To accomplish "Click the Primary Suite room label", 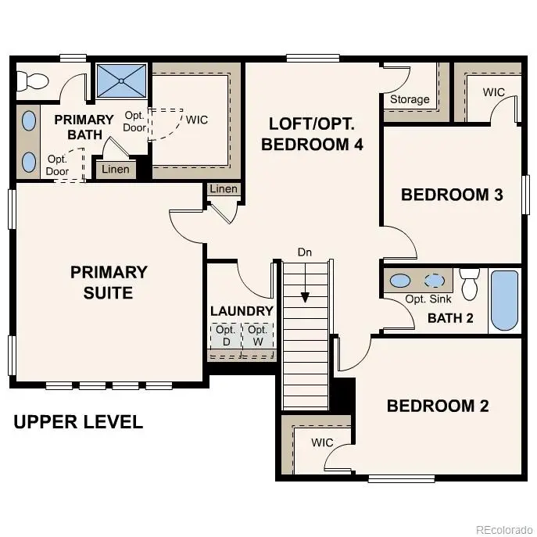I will (x=109, y=282).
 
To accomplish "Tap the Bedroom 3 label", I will (x=451, y=195).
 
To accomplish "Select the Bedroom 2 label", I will (x=437, y=406).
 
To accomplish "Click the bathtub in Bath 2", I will (x=503, y=300).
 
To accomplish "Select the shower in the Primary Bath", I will (x=121, y=80).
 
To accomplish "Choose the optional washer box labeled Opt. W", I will (x=258, y=337).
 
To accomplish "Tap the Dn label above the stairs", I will (x=305, y=252).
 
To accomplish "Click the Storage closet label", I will (x=410, y=99).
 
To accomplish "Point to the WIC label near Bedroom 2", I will (x=322, y=442).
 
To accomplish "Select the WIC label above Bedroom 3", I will (x=493, y=92).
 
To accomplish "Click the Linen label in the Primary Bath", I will (x=116, y=170).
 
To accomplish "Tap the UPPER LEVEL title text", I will (x=78, y=422).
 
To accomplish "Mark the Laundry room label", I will (x=242, y=310).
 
